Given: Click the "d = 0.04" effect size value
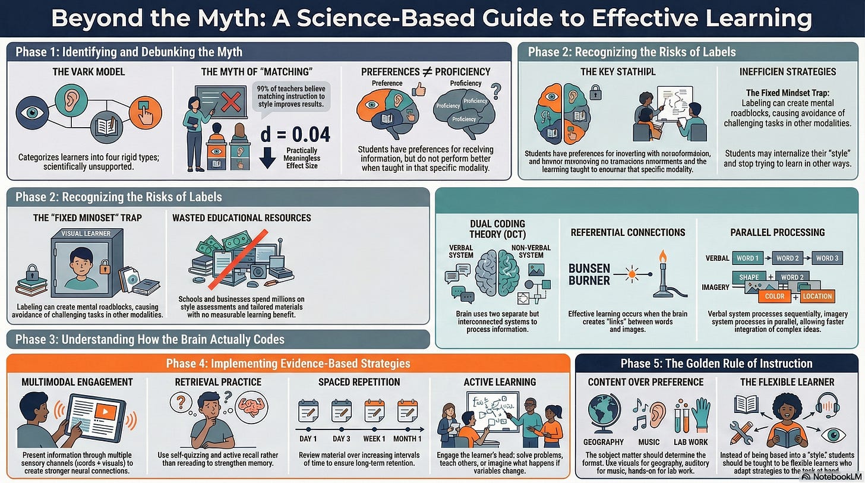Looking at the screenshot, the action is (x=295, y=134).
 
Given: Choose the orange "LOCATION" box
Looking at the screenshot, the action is (x=817, y=296).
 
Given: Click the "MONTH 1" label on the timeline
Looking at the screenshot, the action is (x=408, y=439).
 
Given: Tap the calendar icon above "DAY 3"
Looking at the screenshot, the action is (x=341, y=411).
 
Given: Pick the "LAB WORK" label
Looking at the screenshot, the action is (x=692, y=442).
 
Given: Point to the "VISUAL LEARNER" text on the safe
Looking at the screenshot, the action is (x=87, y=234).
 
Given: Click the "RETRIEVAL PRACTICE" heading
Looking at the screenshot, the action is (x=218, y=382).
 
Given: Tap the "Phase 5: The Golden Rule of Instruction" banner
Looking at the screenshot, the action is (x=716, y=364).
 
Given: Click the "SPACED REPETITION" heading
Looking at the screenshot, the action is (x=359, y=382).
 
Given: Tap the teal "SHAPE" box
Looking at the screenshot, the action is (x=749, y=277).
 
